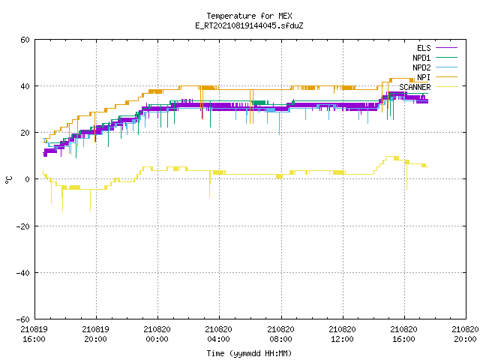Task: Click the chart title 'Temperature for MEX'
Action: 249,16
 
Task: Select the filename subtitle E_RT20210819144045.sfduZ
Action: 249,25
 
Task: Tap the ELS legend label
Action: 424,48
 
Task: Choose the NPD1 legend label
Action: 421,58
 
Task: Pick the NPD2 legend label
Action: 421,67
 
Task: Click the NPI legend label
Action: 424,77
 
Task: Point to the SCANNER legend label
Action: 415,87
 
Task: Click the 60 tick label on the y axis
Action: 25,40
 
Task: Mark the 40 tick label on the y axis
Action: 25,86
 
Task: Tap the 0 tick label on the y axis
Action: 28,179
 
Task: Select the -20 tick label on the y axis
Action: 23,226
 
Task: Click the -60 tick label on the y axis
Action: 23,319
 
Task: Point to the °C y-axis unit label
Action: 8,180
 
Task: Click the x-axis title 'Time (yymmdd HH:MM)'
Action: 249,353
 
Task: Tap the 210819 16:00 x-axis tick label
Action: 34,334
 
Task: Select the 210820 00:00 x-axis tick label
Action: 157,334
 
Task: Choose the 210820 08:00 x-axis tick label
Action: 280,334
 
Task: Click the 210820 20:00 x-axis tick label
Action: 465,334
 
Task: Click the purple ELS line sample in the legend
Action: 446,48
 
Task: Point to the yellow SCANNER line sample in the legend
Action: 446,87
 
